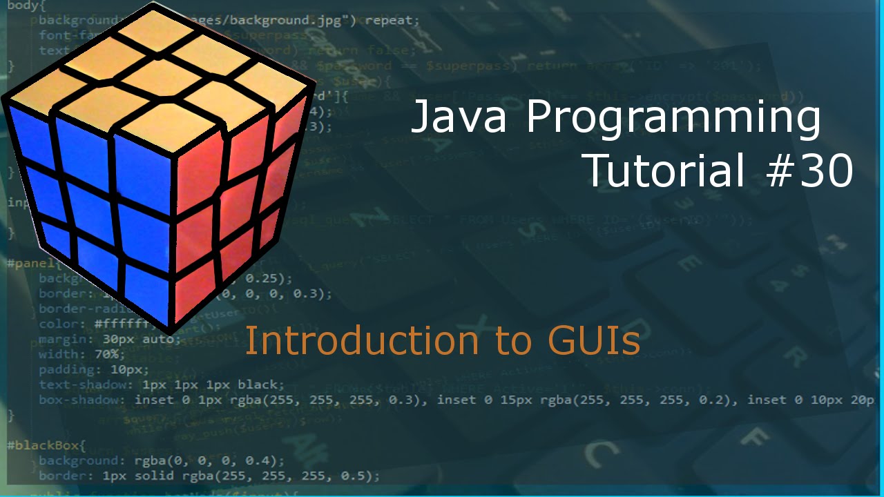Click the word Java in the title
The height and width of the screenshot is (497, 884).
click(460, 117)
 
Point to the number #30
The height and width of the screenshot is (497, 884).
click(809, 171)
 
